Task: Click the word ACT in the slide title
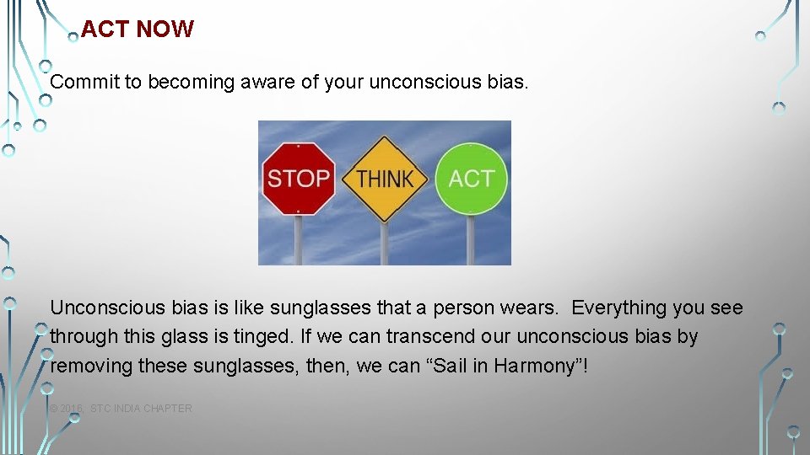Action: click(x=105, y=29)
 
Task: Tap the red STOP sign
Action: click(x=298, y=179)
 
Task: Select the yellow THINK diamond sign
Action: click(x=385, y=179)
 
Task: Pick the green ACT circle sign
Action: click(x=471, y=178)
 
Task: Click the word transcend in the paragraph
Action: click(x=427, y=337)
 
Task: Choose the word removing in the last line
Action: click(x=88, y=366)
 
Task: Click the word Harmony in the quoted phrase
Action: click(x=536, y=366)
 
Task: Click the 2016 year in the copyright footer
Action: click(x=71, y=409)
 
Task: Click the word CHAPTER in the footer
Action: click(x=168, y=409)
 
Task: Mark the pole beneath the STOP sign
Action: click(x=297, y=239)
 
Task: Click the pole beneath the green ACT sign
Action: click(x=471, y=239)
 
